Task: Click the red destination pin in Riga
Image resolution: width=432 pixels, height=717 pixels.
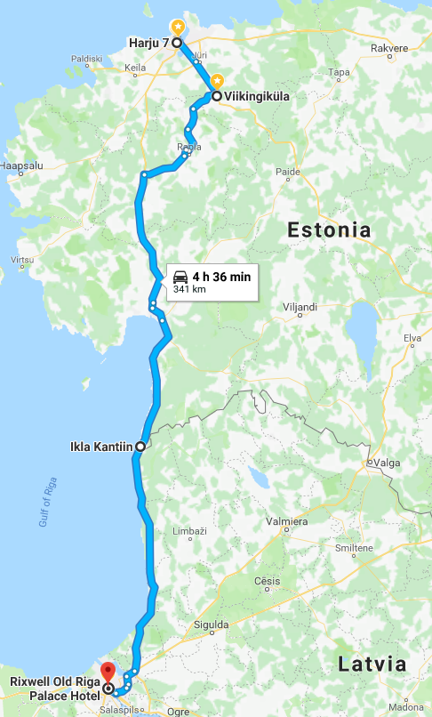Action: (x=108, y=672)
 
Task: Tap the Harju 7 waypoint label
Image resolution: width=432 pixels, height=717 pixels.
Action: (x=148, y=43)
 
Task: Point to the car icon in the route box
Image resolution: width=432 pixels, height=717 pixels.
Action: (x=180, y=277)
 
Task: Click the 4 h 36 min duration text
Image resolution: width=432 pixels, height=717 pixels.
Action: (x=221, y=277)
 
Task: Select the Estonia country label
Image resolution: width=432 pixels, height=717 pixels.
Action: (x=329, y=230)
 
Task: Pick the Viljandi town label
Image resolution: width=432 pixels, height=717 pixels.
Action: (x=300, y=308)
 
